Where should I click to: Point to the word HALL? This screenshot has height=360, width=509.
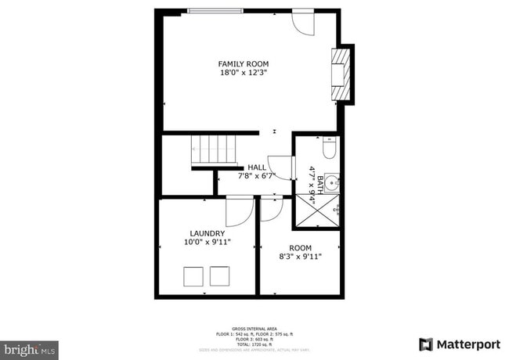pyautogui.click(x=256, y=167)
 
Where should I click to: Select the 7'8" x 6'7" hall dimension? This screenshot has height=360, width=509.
pyautogui.click(x=256, y=176)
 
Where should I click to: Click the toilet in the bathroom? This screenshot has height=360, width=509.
pyautogui.click(x=330, y=147)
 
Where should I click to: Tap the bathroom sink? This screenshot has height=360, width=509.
pyautogui.click(x=332, y=184)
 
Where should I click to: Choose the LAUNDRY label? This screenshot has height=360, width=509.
pyautogui.click(x=208, y=233)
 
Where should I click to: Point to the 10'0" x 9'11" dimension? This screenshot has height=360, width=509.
pyautogui.click(x=208, y=243)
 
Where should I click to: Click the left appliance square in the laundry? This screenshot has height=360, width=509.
pyautogui.click(x=193, y=276)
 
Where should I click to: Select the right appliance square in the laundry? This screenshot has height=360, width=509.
pyautogui.click(x=219, y=276)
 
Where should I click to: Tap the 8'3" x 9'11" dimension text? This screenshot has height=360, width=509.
pyautogui.click(x=300, y=256)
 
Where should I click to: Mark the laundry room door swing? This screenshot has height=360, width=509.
pyautogui.click(x=238, y=211)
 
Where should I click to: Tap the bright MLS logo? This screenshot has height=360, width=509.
pyautogui.click(x=29, y=347)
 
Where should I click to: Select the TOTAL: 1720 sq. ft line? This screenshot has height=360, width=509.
pyautogui.click(x=254, y=344)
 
